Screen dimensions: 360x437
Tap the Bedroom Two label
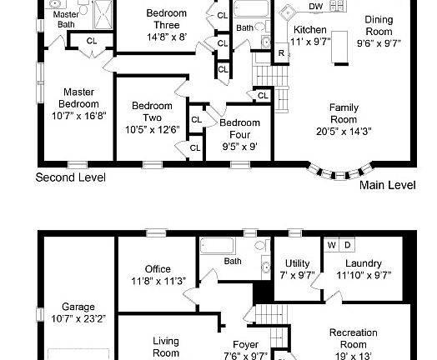(x=152, y=112)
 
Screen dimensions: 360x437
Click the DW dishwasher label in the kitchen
(x=315, y=7)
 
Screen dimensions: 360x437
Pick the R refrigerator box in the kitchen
(x=281, y=52)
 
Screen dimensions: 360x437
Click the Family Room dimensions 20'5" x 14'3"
(x=344, y=131)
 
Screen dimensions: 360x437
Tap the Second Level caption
(x=70, y=177)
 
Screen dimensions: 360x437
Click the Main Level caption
(x=387, y=185)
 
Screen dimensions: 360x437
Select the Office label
(x=157, y=269)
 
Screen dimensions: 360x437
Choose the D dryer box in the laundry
(x=347, y=245)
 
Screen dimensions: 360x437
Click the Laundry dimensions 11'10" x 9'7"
(x=364, y=275)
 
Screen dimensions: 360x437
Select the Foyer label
(x=245, y=344)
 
